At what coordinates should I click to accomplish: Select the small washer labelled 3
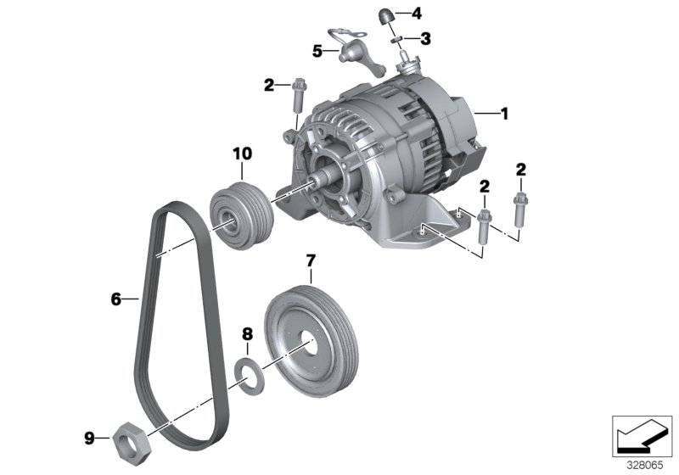pos(396,38)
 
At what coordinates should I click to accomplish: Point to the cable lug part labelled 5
pos(348,53)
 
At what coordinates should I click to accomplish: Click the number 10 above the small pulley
pos(243,154)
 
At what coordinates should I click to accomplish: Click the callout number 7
pos(311,260)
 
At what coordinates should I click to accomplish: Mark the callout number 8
pos(247,333)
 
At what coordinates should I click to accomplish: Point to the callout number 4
pos(416,14)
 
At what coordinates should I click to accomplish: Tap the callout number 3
pos(426,38)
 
